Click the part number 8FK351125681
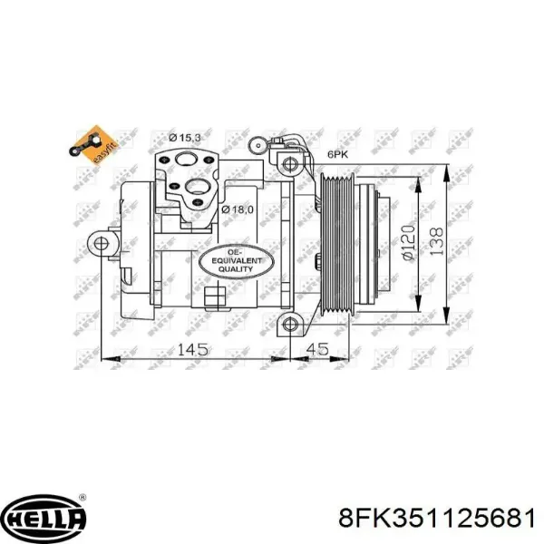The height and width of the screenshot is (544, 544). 436,518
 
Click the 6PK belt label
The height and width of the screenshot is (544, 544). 336,155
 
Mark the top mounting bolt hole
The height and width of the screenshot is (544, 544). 289,164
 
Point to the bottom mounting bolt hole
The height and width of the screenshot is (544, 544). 289,325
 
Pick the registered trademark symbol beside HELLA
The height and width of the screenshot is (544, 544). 83,498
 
